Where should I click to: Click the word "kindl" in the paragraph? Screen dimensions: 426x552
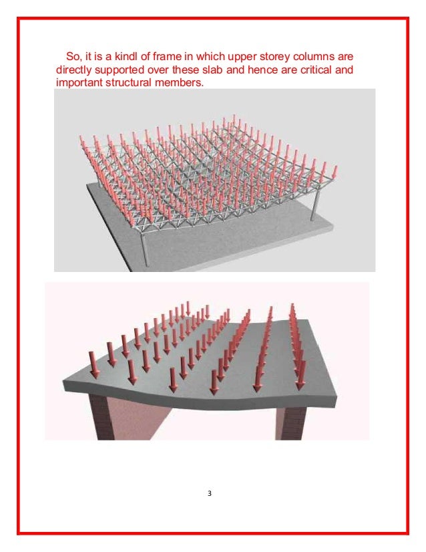126,56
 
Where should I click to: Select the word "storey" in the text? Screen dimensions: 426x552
274,57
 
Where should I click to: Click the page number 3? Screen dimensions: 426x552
210,493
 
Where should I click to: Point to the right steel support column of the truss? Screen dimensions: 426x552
314,207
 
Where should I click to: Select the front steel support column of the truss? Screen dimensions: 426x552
144,248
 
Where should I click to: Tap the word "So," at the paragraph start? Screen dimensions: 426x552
74,56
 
